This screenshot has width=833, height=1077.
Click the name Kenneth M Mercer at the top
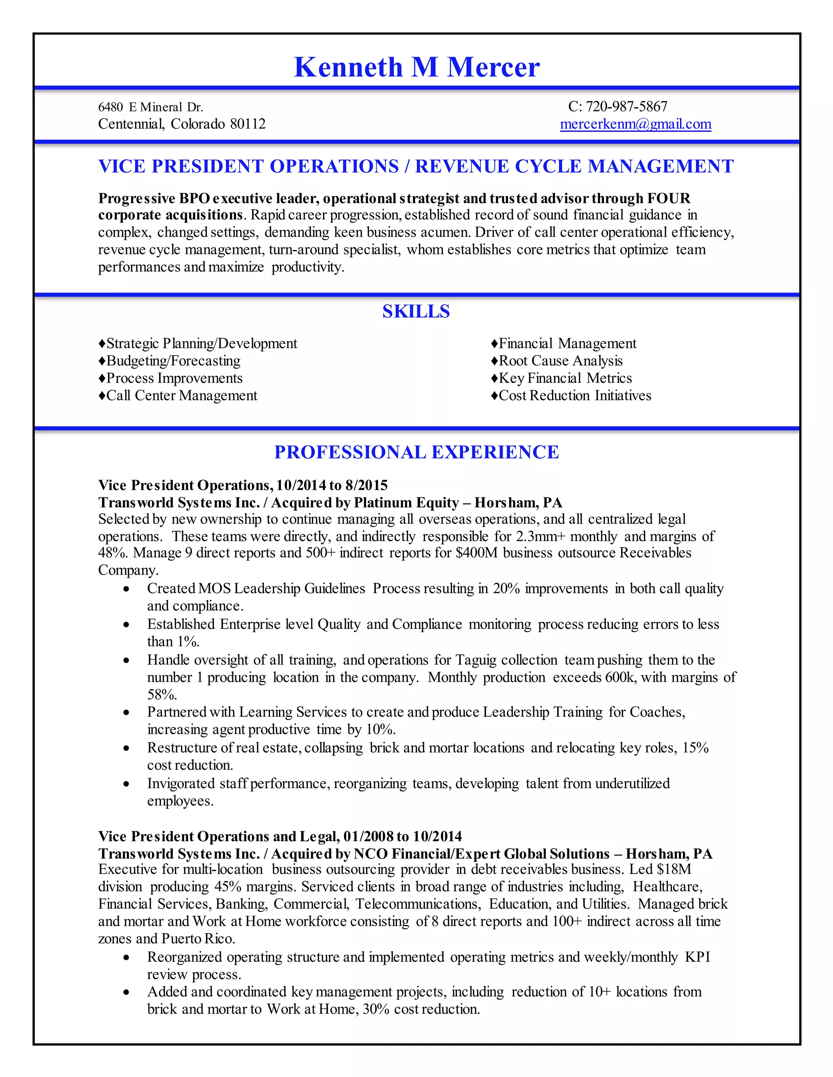point(416,67)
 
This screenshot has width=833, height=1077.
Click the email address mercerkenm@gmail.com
point(635,124)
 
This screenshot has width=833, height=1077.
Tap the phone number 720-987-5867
point(626,106)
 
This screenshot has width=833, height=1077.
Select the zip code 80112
point(248,124)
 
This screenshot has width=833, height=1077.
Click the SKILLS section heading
point(416,312)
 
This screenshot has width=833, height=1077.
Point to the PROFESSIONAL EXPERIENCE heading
point(416,452)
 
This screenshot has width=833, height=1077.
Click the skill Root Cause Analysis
point(560,361)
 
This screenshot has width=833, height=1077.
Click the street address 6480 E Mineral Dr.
point(150,107)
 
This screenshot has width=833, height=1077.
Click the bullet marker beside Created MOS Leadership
point(127,589)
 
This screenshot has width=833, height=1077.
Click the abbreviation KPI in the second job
point(697,957)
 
